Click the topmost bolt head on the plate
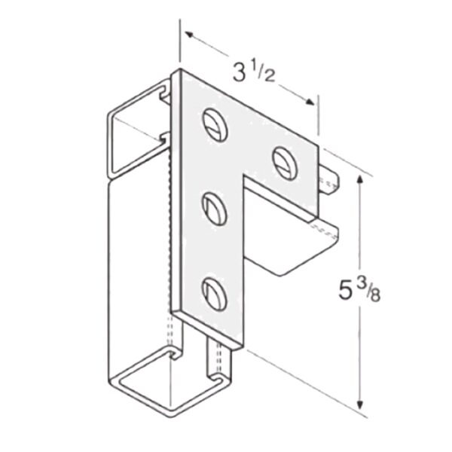214,124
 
